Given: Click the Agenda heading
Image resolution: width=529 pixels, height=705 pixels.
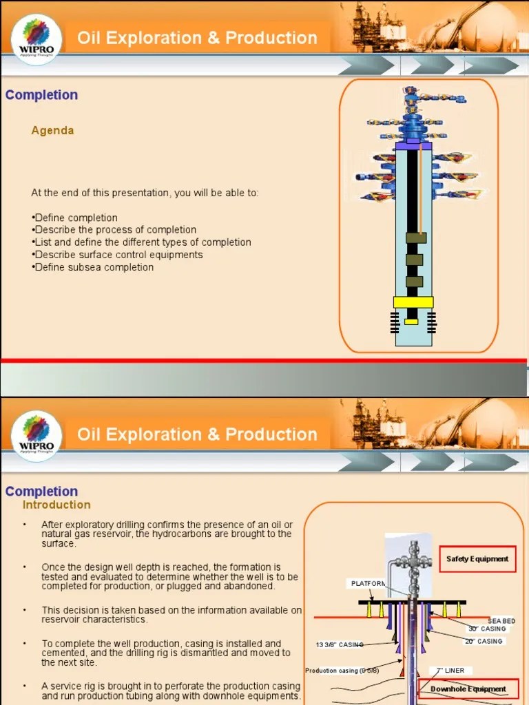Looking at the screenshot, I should pos(52,130).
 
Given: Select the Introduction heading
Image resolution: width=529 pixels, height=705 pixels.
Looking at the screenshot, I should pos(56,505).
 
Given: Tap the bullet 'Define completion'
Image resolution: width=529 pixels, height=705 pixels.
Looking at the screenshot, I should pos(76,218).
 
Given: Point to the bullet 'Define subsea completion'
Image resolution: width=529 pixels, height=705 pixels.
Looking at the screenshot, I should pos(94,267).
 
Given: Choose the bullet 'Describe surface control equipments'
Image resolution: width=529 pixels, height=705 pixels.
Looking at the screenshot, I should pos(118,255).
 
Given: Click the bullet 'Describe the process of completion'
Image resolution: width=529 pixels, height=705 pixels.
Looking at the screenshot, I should pos(115,230).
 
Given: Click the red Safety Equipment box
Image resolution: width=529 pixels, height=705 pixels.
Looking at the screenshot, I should pos(477,559).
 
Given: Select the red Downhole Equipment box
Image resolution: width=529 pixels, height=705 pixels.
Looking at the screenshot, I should pos(468,689).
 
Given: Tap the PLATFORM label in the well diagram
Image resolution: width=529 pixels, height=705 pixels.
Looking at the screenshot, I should pos(369,584).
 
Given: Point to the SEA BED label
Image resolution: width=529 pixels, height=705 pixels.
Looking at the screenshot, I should pos(501,621).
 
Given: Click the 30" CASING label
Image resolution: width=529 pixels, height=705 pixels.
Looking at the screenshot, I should pos(487,629).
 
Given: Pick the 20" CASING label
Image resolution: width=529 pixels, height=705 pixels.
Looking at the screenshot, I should pos(484,642).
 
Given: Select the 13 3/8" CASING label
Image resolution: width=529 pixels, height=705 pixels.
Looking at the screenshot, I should pos(339,645).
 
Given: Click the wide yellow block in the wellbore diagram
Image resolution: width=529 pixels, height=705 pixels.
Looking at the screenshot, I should pos(413,302).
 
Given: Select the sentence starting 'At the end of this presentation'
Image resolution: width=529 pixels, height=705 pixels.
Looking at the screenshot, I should pos(145,193).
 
